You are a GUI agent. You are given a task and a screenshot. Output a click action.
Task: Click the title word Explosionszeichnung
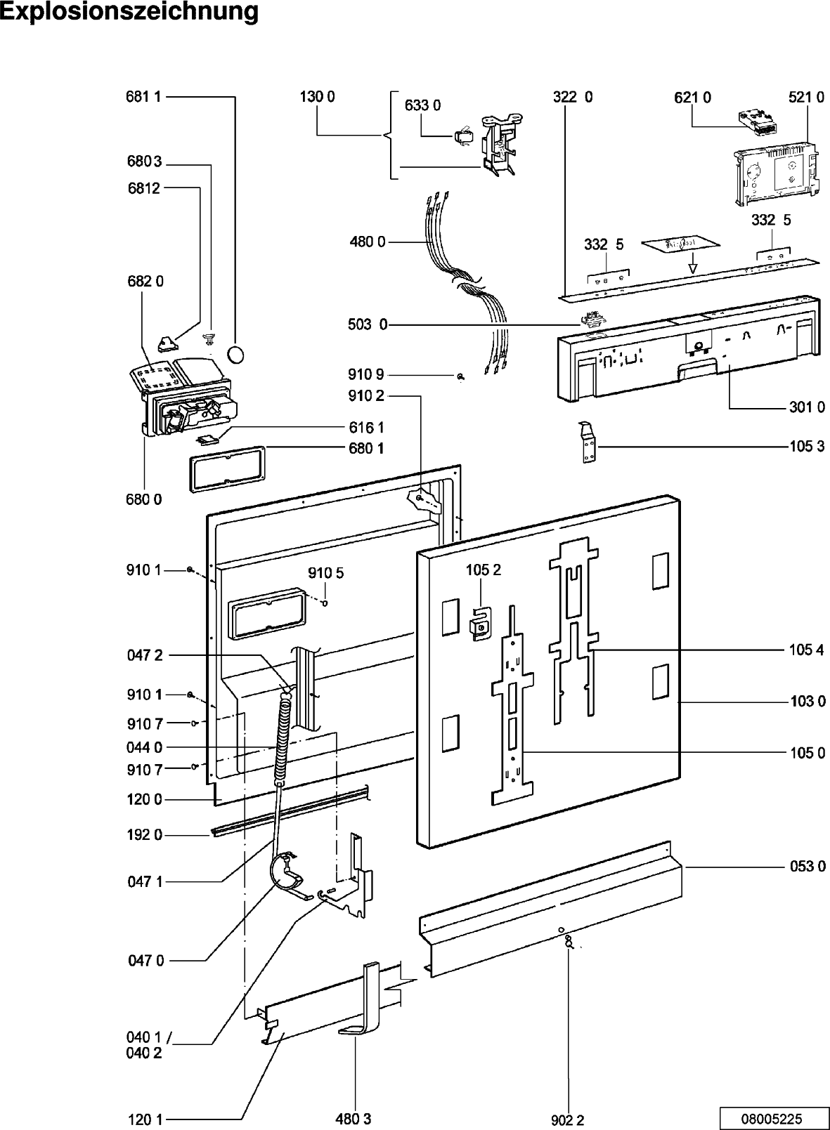point(129,12)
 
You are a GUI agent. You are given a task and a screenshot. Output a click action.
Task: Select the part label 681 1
point(143,96)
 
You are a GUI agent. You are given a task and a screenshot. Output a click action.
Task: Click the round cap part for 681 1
point(235,354)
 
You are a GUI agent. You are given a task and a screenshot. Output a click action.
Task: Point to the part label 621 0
point(692,98)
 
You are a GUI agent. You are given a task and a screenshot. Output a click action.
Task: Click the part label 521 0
point(806,97)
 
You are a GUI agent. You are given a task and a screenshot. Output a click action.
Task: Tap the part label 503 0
point(368,324)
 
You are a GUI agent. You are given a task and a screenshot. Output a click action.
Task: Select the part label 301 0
point(808,407)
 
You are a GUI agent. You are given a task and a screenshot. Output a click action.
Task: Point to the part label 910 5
point(325,573)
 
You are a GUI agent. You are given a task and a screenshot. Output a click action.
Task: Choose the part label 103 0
point(808,701)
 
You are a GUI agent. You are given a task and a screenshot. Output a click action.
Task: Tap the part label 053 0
point(808,866)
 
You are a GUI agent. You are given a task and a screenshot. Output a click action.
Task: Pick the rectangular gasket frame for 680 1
point(228,468)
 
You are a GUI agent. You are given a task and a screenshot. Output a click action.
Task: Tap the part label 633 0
point(422,105)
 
